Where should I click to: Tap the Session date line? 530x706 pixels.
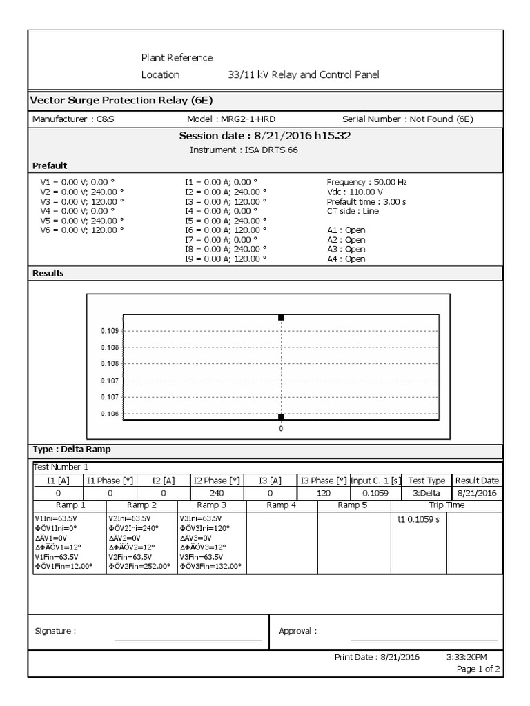[x=265, y=136]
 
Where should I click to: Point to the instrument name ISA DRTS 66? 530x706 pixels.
[x=244, y=150]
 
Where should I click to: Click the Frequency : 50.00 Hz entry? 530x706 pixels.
[x=366, y=182]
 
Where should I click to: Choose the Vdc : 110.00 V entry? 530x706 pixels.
[x=355, y=192]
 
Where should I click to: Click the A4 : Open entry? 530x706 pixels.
[x=346, y=259]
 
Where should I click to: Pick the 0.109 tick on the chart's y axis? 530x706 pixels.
[x=110, y=331]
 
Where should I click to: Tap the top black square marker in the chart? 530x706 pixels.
[x=281, y=318]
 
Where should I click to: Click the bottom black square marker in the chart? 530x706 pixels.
[x=281, y=417]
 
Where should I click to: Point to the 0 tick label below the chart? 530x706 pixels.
[x=281, y=429]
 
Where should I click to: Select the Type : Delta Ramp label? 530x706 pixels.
[x=72, y=450]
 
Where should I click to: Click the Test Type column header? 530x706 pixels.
[x=426, y=481]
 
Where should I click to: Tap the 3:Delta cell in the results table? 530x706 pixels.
[x=426, y=494]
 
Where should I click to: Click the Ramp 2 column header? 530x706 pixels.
[x=141, y=505]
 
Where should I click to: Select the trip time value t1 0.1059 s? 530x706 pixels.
[x=418, y=519]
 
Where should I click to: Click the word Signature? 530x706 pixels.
[x=55, y=631]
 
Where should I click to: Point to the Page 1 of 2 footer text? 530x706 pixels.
[x=478, y=669]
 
